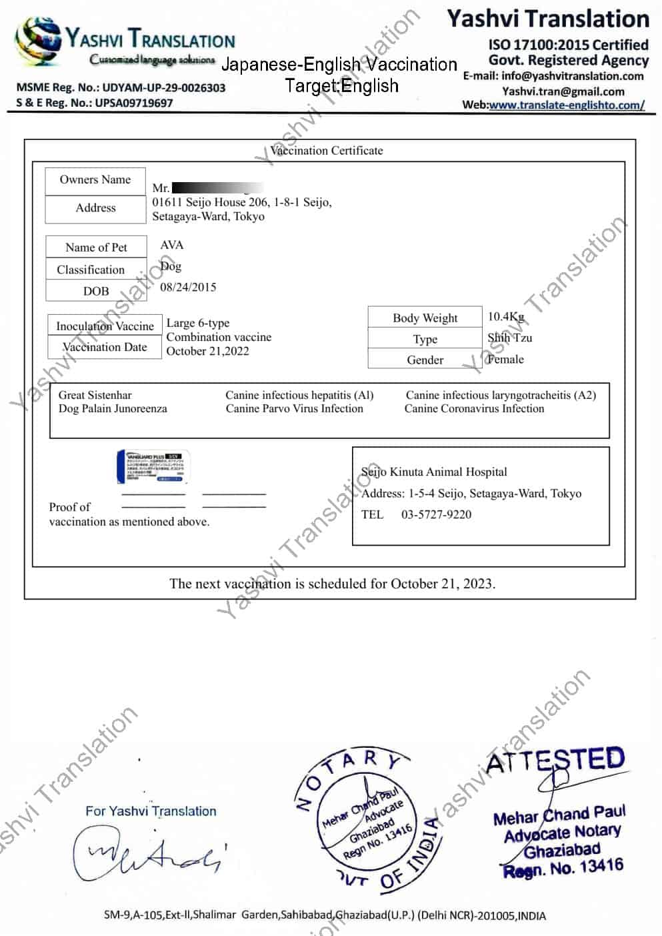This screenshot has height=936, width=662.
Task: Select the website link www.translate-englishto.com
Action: click(x=566, y=105)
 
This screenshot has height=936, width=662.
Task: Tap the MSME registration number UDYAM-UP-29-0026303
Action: click(x=163, y=87)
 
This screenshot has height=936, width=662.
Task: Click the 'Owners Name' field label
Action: click(x=95, y=179)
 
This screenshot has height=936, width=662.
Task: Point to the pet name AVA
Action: click(x=171, y=245)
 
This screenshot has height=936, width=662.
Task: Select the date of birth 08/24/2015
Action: click(x=188, y=287)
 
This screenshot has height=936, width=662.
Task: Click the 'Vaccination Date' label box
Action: click(x=105, y=347)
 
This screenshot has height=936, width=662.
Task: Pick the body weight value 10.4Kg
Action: click(x=506, y=316)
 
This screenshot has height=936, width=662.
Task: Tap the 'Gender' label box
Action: click(x=425, y=360)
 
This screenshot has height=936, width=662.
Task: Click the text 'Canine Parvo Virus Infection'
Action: click(x=294, y=408)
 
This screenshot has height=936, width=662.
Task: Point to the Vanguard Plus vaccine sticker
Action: click(x=153, y=466)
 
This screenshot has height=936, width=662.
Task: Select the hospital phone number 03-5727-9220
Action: click(x=436, y=514)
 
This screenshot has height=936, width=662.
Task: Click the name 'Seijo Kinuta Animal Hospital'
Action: click(x=434, y=472)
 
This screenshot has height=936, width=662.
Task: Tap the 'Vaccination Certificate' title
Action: click(x=327, y=151)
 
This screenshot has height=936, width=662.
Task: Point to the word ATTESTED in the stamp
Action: click(x=555, y=760)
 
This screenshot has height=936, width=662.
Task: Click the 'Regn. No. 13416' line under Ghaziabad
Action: click(x=563, y=868)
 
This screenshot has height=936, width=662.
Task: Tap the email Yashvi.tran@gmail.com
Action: click(x=563, y=91)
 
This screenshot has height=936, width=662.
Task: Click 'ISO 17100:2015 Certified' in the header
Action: click(x=568, y=45)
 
